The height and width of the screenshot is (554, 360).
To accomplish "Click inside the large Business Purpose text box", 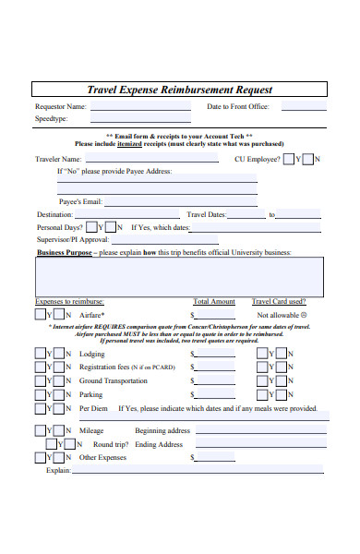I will click(179, 276).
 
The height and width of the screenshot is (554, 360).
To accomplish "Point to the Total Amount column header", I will click(213, 301).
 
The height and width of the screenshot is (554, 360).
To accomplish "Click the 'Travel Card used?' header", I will click(279, 301).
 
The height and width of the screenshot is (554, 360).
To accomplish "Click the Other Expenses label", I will click(102, 456).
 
